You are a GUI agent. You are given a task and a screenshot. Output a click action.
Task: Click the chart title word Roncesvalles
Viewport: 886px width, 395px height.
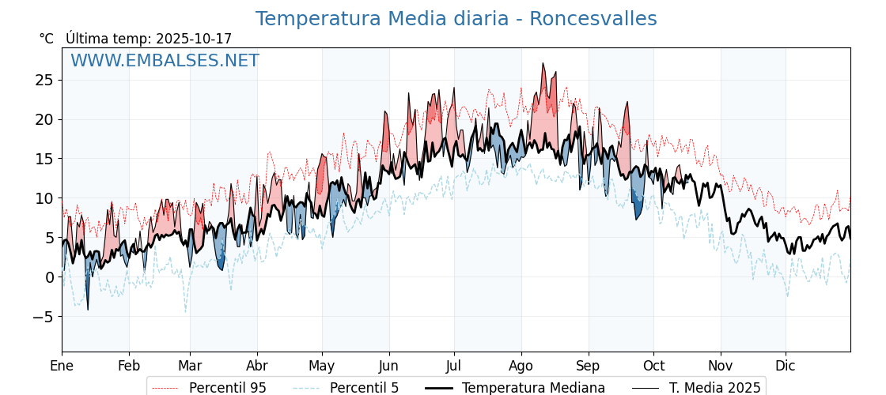(x=593, y=19)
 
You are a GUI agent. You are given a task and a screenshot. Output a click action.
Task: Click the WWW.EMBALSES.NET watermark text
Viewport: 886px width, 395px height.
(x=165, y=61)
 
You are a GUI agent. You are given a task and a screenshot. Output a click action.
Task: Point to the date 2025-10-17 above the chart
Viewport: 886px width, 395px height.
(x=194, y=39)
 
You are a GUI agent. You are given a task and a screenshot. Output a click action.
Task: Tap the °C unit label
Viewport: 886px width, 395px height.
(x=47, y=39)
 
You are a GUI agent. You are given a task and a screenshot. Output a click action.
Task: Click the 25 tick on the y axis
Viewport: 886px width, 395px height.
(x=44, y=80)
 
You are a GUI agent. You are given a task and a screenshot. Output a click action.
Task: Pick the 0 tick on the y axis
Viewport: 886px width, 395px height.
(x=50, y=277)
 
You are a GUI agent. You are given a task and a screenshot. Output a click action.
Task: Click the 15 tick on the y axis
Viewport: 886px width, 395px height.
(x=44, y=159)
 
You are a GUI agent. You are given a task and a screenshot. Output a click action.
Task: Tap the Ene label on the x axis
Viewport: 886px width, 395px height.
(x=62, y=366)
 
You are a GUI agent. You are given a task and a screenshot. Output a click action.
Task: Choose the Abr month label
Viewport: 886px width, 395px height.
(x=257, y=366)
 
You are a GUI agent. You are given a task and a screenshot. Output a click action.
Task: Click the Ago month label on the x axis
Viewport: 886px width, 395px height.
(x=521, y=366)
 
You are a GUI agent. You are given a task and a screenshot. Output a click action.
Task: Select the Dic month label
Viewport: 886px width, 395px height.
(x=786, y=366)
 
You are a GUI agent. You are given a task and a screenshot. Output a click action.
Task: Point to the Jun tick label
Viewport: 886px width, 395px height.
(x=388, y=366)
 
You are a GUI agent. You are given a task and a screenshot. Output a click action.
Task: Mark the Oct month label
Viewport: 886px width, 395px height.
(x=653, y=366)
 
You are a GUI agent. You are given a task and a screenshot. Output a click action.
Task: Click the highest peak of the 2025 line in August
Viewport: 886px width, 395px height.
(x=543, y=63)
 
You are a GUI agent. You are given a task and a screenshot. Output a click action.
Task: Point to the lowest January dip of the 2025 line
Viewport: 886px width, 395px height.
(x=88, y=310)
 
